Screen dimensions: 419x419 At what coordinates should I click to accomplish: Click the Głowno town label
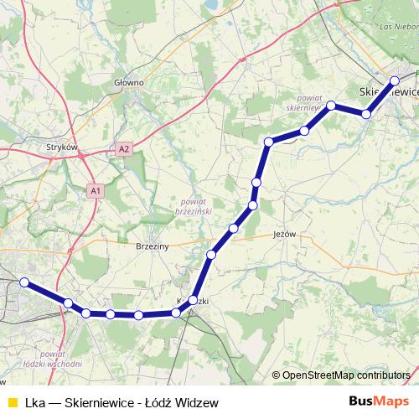129,83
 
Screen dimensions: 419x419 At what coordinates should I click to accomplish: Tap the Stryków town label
63,147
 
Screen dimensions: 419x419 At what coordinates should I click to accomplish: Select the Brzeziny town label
153,247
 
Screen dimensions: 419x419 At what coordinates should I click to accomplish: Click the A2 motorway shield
124,149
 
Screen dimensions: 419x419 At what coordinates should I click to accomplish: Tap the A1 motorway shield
96,192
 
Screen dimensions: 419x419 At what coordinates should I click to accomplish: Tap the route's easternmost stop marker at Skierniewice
395,80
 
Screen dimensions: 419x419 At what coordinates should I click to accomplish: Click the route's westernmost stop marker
24,282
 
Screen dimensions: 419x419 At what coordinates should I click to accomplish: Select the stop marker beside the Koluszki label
194,300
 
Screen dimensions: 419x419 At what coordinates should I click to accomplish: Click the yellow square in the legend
12,402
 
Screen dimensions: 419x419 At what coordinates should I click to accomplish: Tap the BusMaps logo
379,402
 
